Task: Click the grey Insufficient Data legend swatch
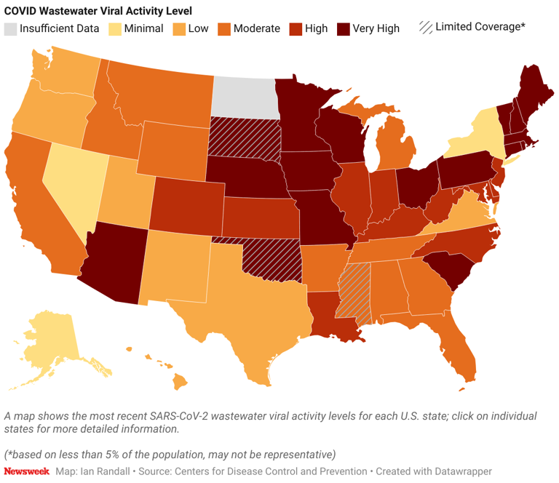point(11,29)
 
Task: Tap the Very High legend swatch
point(342,29)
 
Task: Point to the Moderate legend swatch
point(224,29)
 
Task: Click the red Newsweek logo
point(27,471)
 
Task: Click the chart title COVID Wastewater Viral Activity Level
point(98,9)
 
